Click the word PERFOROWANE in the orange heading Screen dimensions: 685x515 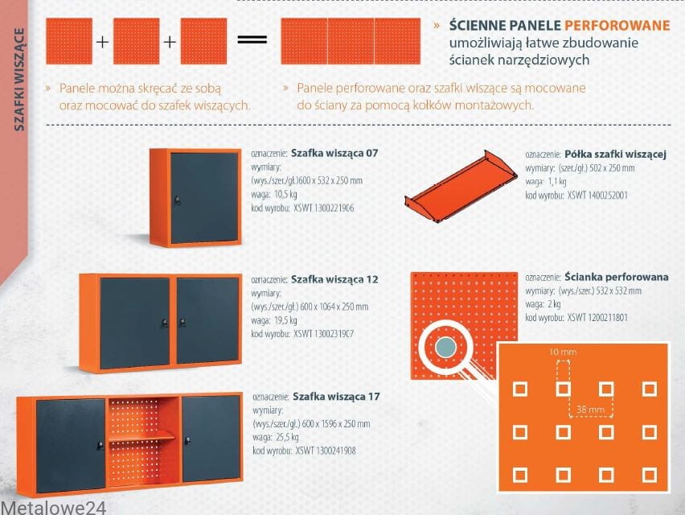[617, 26]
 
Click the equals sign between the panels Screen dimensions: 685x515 [252, 39]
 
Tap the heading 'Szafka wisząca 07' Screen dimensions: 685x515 [334, 153]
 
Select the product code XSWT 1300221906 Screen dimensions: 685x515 [324, 208]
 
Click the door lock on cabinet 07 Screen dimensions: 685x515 [178, 200]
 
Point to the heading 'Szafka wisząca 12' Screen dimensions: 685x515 [334, 279]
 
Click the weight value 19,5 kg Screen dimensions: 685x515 [285, 320]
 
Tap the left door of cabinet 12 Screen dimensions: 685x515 [134, 323]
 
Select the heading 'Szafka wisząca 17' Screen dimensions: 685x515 [336, 397]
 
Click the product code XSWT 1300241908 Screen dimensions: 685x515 [326, 451]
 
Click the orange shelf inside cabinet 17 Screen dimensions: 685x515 [142, 436]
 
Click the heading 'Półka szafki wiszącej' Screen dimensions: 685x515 [615, 154]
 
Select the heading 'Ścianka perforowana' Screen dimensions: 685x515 [617, 277]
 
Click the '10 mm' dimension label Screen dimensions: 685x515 [563, 352]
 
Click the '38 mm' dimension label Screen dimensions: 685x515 [590, 410]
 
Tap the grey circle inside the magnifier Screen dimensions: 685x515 [445, 348]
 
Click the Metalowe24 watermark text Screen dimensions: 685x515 [53, 508]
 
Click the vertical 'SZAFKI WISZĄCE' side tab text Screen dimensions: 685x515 [18, 79]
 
